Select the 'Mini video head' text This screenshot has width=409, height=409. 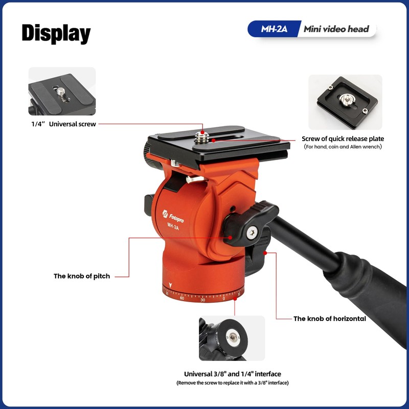click(336, 29)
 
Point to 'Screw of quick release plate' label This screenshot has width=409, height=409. click(343, 139)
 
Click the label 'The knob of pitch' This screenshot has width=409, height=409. click(82, 276)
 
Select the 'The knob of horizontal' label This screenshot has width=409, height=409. click(329, 319)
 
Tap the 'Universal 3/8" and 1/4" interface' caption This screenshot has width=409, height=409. click(233, 374)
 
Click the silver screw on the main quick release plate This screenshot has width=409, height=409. click(202, 135)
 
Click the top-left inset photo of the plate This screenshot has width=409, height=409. click(62, 92)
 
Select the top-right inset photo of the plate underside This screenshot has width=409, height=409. click(345, 102)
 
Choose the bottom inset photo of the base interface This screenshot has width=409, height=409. click(232, 338)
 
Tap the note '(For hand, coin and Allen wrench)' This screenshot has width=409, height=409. click(343, 147)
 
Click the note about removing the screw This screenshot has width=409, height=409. click(233, 383)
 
